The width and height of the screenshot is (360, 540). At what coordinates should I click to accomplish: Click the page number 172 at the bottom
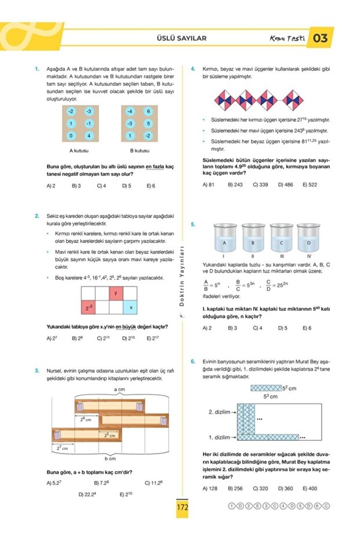[x=182, y=507]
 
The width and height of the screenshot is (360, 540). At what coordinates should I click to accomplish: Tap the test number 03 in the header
[x=320, y=38]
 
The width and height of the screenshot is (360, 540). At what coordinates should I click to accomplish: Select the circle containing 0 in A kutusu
[x=70, y=136]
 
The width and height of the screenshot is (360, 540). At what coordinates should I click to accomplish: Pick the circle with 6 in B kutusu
[x=148, y=111]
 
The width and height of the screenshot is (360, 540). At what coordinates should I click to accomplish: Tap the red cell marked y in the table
[x=116, y=293]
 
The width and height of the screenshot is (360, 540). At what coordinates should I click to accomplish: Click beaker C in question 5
[x=281, y=240]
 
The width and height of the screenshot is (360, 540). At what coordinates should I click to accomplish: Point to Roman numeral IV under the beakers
[x=309, y=255]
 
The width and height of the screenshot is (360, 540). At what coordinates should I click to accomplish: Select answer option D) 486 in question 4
[x=285, y=184]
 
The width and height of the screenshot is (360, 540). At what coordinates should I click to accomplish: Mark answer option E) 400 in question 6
[x=310, y=488]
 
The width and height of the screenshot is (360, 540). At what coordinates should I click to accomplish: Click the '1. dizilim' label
[x=220, y=437]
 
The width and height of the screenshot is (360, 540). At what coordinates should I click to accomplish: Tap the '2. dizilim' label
[x=220, y=412]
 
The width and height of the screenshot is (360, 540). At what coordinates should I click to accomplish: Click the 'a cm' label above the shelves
[x=120, y=389]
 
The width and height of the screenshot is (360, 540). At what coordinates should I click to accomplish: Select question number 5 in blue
[x=193, y=224]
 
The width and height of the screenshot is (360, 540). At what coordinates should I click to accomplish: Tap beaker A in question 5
[x=224, y=240]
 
